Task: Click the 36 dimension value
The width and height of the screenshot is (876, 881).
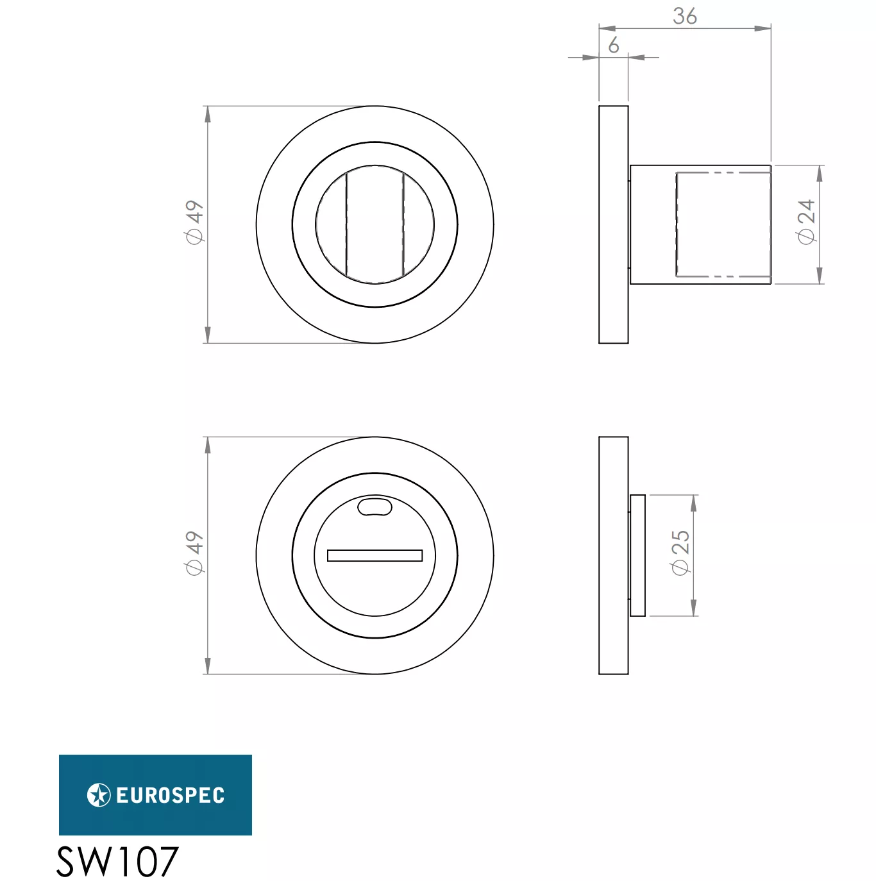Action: [x=684, y=15]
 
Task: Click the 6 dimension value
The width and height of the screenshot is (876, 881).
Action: [x=614, y=45]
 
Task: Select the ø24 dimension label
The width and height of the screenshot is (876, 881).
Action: [x=805, y=221]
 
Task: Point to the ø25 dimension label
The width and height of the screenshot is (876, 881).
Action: [x=680, y=553]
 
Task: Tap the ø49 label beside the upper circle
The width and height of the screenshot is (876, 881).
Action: [x=194, y=222]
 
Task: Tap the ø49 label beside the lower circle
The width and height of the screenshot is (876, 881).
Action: [x=194, y=553]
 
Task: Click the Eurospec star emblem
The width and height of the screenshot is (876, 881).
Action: [x=99, y=795]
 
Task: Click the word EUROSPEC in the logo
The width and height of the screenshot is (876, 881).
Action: [x=171, y=796]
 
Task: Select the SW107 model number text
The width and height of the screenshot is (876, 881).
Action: [x=117, y=861]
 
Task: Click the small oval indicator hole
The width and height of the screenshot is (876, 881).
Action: [x=375, y=507]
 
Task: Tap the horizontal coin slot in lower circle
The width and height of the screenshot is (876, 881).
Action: [x=375, y=555]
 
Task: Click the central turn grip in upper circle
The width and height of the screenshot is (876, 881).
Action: [x=375, y=224]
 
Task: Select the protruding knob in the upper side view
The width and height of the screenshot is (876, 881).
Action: [x=700, y=224]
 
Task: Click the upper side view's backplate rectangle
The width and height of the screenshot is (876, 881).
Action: [x=614, y=224]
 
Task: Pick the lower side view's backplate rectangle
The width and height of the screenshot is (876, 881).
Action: [x=614, y=555]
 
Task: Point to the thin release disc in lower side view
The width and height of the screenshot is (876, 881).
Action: [x=637, y=555]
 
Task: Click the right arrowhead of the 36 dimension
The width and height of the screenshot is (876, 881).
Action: [x=763, y=28]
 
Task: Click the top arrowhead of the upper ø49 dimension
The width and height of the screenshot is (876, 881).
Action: [x=207, y=114]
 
